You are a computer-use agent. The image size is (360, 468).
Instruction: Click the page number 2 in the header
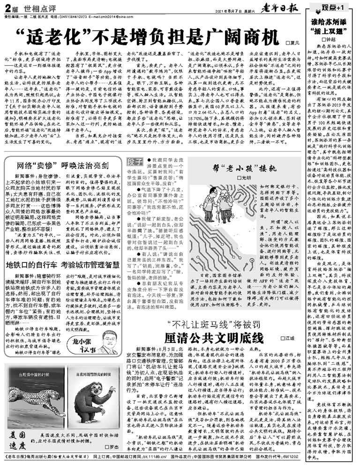(8, 8)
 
